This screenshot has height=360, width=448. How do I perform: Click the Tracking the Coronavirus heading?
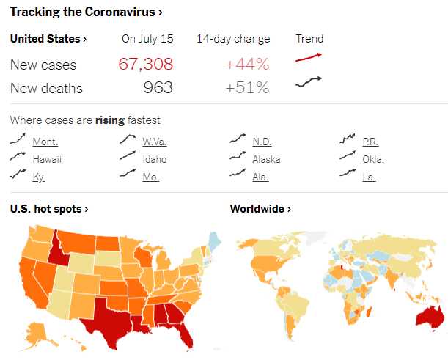tap(86, 12)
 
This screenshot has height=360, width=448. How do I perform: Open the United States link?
tap(48, 39)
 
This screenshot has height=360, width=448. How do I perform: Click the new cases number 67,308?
tap(146, 64)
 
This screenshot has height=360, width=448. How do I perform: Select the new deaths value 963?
tap(158, 88)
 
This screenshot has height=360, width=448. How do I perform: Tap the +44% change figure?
tap(247, 64)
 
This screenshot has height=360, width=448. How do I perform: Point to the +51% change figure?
tap(247, 88)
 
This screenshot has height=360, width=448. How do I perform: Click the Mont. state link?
tap(45, 142)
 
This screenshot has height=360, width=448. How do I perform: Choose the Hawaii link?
tap(47, 159)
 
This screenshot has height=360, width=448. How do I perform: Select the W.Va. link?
tap(154, 142)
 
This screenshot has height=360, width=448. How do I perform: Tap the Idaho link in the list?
tap(154, 159)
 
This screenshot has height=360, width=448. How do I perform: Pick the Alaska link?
tap(266, 159)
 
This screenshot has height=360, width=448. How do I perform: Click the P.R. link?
tap(370, 142)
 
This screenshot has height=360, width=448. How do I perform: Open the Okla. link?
tap(373, 159)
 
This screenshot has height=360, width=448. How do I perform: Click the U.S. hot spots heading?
tap(49, 209)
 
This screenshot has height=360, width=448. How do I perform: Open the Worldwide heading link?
tap(260, 209)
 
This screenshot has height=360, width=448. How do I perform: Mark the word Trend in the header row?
tap(309, 39)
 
